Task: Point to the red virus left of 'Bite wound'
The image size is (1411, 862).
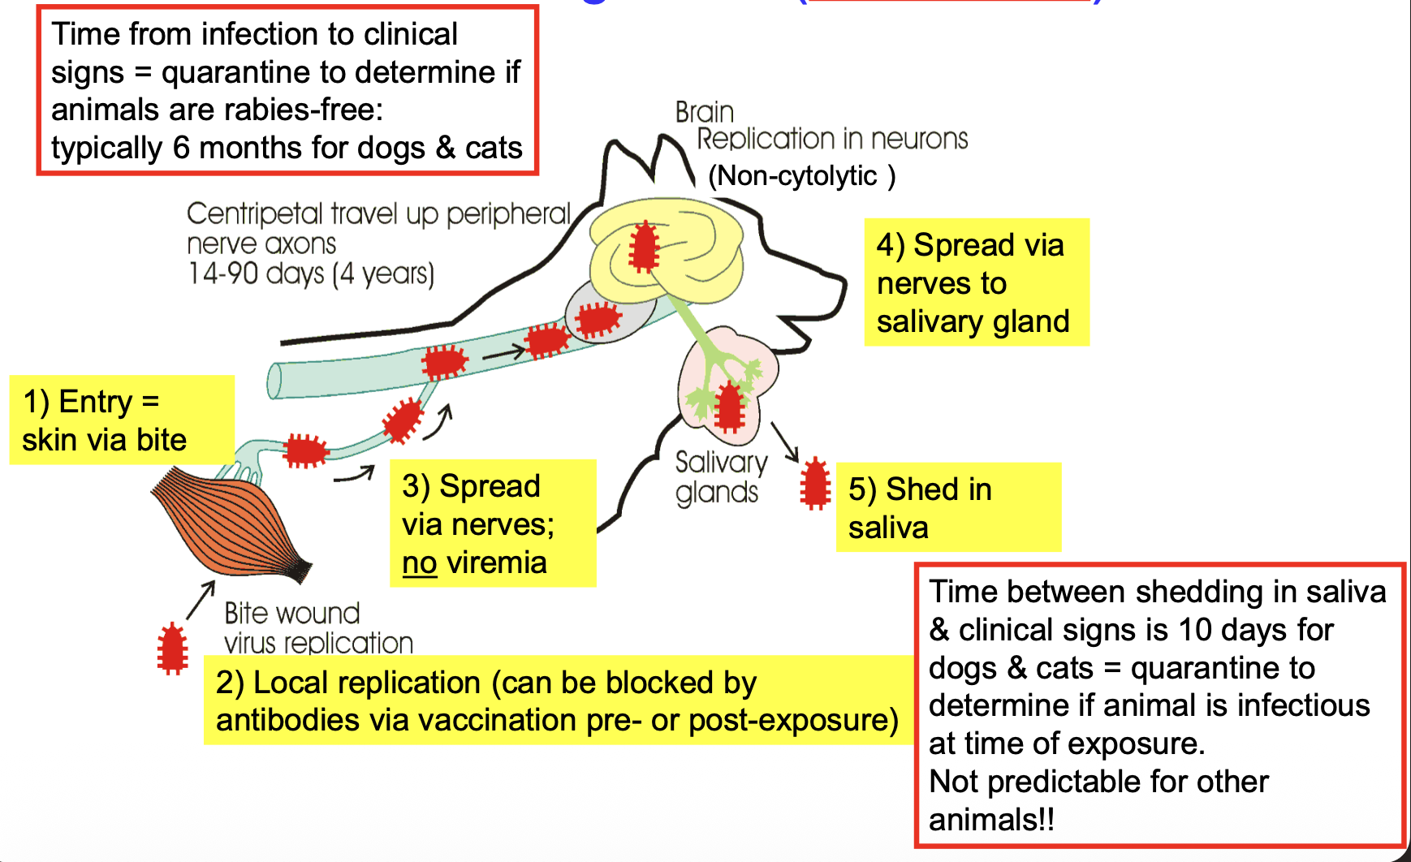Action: pos(172,649)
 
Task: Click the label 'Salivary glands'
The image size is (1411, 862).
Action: pos(720,477)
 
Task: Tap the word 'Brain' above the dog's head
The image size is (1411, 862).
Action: pos(704,112)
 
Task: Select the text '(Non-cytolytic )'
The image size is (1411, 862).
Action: pos(801,176)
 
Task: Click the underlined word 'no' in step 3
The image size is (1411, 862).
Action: pos(419,562)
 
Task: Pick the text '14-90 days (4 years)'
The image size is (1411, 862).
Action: pos(311,274)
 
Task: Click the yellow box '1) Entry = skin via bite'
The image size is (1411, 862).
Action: pos(122,420)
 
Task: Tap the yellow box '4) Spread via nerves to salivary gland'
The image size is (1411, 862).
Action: pos(976,282)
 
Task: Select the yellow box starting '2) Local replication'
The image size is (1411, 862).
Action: pos(558,700)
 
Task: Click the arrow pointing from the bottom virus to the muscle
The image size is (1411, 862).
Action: pos(201,600)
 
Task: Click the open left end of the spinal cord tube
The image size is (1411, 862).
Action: pos(275,381)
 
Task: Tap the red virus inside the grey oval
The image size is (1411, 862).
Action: pos(598,318)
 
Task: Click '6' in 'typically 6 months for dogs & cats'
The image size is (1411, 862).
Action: pos(180,149)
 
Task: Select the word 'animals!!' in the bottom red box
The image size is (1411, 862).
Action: pos(990,820)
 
